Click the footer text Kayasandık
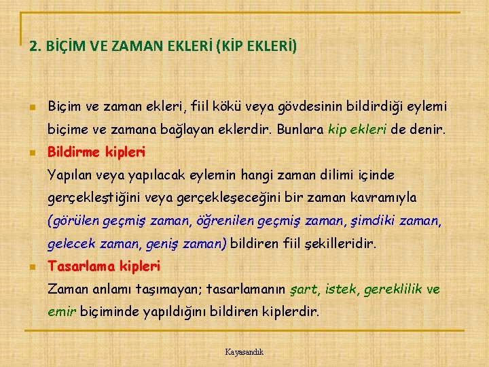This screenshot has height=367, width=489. pyautogui.click(x=244, y=352)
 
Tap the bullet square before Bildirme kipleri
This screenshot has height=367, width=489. pyautogui.click(x=31, y=152)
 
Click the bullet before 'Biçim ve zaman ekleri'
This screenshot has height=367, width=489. pyautogui.click(x=31, y=107)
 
